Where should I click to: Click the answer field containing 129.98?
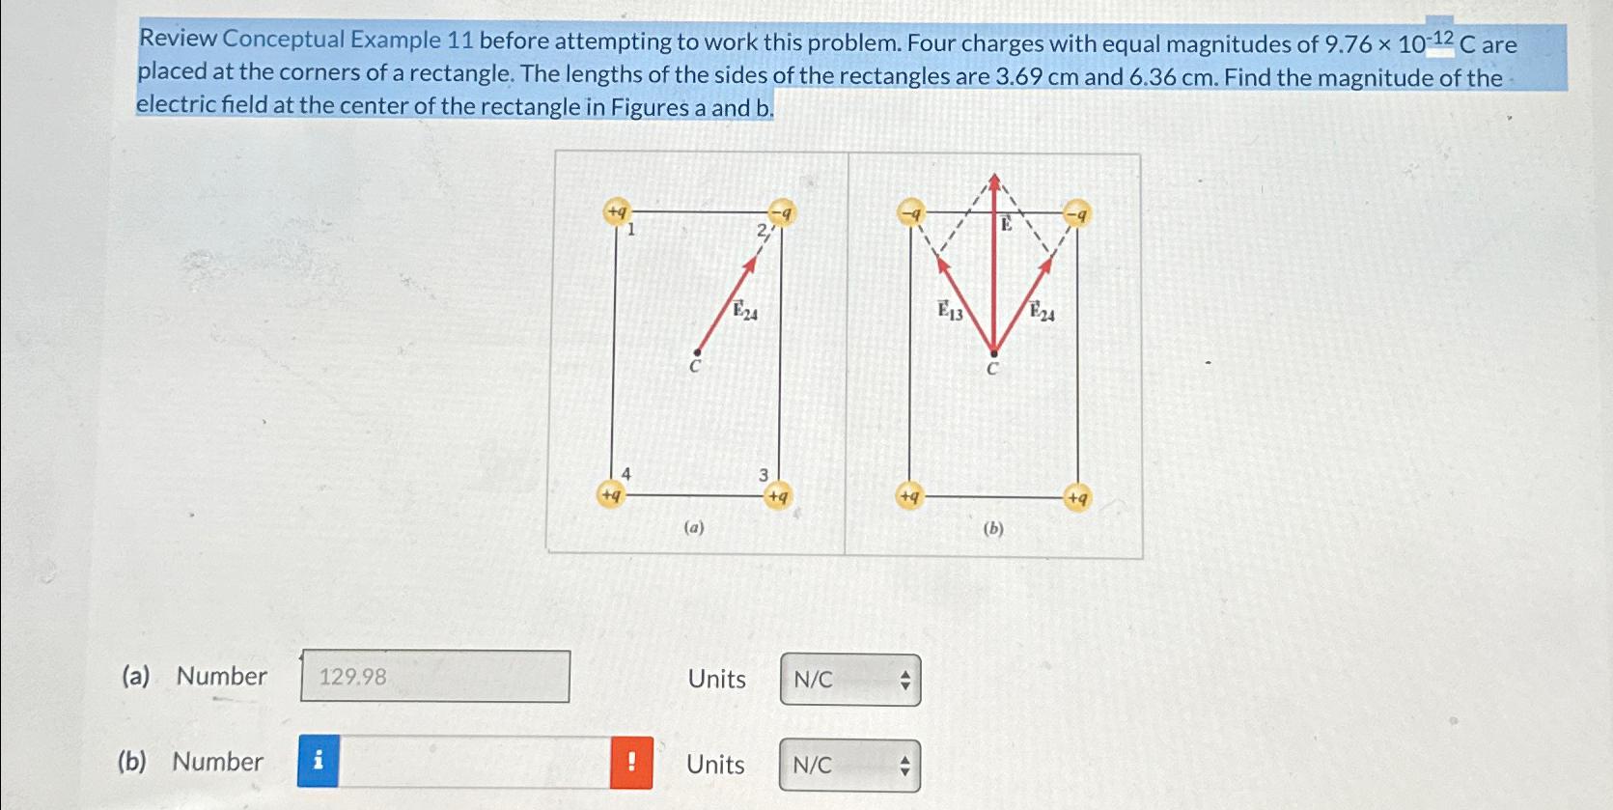(x=434, y=676)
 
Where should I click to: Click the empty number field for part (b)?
(x=474, y=763)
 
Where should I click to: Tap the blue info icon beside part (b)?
(x=319, y=762)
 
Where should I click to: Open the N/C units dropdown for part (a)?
(x=850, y=680)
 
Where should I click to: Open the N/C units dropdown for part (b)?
(x=849, y=766)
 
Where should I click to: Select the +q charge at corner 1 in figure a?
(x=616, y=210)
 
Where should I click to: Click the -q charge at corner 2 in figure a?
(x=781, y=211)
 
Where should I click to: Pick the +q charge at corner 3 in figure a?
(x=777, y=496)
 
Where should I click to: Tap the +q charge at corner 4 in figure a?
(x=611, y=494)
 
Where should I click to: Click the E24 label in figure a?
(x=744, y=311)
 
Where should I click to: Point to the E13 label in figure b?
(x=951, y=311)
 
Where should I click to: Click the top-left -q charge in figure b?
(x=910, y=211)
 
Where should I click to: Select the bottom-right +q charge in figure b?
(x=1077, y=498)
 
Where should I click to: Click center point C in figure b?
(x=993, y=355)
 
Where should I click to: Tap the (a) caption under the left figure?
(x=694, y=527)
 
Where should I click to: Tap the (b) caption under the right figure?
(x=993, y=528)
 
